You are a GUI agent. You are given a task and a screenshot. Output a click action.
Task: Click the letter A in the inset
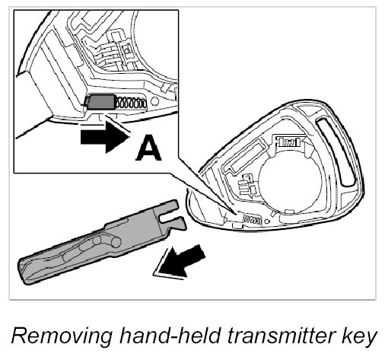(x=148, y=148)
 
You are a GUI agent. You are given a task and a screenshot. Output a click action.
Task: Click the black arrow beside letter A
(x=104, y=137)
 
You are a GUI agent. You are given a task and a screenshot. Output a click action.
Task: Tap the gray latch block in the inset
(x=101, y=101)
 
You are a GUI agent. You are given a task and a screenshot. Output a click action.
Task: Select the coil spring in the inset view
(x=131, y=103)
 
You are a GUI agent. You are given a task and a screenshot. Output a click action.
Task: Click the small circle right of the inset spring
(x=154, y=101)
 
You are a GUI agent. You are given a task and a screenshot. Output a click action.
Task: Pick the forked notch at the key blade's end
(x=170, y=218)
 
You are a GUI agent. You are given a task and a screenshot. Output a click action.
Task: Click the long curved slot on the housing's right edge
(x=336, y=151)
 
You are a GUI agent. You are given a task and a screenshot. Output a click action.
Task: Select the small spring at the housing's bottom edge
(x=253, y=219)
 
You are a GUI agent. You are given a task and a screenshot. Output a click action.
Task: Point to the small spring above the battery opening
(x=289, y=142)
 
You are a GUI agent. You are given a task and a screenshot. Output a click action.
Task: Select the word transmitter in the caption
(x=281, y=336)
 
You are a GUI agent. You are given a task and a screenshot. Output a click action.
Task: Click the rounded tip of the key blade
(x=22, y=272)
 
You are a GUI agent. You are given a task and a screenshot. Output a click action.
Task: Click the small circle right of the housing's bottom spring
(x=266, y=221)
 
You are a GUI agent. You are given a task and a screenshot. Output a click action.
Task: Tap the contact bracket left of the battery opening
(x=247, y=185)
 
